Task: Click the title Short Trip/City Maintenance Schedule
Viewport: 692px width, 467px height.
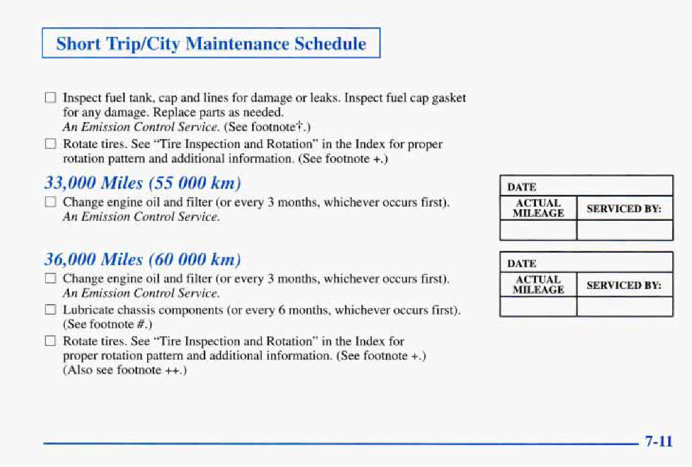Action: point(211,44)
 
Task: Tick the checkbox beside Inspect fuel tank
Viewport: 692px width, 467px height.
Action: point(50,97)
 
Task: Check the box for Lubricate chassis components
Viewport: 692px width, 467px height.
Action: point(50,310)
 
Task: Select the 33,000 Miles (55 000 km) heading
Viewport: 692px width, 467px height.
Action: point(142,183)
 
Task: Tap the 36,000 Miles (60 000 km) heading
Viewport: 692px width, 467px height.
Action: point(142,259)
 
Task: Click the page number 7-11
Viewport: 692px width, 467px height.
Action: point(659,441)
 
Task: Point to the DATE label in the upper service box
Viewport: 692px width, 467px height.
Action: point(522,187)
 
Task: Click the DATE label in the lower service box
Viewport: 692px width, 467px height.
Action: point(522,264)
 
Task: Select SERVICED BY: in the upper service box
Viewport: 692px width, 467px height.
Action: point(624,209)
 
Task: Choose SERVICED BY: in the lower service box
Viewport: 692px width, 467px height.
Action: point(624,285)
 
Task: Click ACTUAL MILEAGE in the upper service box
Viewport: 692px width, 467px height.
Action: point(539,208)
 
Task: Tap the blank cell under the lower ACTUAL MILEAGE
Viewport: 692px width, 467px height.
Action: point(539,306)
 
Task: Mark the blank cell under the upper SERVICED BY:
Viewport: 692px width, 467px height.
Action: point(625,230)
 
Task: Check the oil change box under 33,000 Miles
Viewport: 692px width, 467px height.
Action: point(50,202)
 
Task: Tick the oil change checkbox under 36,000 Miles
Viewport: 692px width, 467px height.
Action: point(50,278)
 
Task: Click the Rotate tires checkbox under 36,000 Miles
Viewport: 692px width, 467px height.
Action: point(50,341)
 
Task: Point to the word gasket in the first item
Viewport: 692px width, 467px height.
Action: point(449,98)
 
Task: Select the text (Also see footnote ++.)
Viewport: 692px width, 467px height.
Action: point(125,370)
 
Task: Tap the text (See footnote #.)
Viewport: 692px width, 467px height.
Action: point(108,325)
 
